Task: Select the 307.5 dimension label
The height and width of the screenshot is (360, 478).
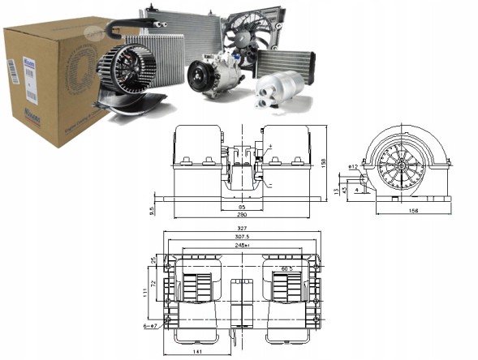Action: point(243,238)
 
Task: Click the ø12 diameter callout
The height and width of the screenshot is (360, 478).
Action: point(354,166)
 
